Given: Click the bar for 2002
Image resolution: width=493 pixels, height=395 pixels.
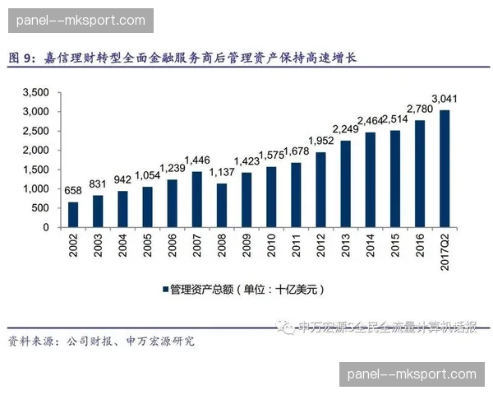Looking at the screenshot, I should click(x=73, y=214).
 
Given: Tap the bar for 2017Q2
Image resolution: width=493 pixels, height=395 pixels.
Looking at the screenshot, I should click(x=444, y=169).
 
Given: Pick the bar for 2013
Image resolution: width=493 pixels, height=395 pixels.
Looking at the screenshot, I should click(x=345, y=184).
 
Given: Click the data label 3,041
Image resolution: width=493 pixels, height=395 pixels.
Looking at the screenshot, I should click(x=444, y=100).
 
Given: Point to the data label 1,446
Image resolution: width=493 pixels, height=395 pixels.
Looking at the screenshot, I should click(x=197, y=160).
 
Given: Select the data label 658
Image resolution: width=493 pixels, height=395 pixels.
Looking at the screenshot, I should click(x=73, y=191).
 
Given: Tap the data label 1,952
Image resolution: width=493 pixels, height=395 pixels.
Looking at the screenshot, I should click(x=320, y=141).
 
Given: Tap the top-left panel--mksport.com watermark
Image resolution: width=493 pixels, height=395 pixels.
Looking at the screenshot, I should click(x=81, y=21).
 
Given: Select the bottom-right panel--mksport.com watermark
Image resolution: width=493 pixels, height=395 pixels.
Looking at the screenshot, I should click(x=412, y=374).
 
